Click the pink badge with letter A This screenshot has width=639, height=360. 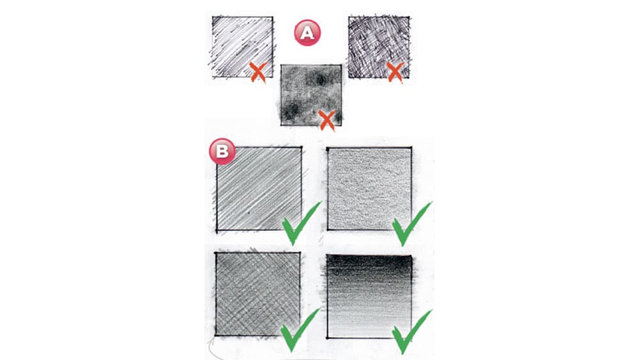tap(307, 33)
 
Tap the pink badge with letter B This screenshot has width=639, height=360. tap(222, 152)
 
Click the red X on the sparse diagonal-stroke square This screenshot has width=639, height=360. tap(258, 72)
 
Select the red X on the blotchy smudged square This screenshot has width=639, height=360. tap(327, 120)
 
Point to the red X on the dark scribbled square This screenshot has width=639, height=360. tap(395, 72)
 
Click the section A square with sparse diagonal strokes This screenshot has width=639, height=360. tap(242, 47)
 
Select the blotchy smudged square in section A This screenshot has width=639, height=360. tap(311, 95)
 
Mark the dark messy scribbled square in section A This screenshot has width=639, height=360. tap(378, 47)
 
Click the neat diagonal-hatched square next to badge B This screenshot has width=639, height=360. tap(259, 189)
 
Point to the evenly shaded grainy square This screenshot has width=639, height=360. tap(369, 189)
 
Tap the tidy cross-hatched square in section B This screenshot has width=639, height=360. tap(258, 294)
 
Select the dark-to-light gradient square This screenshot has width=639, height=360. tap(369, 297)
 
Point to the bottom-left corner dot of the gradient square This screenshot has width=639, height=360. tap(328, 338)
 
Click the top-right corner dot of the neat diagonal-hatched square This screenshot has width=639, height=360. tap(301, 147)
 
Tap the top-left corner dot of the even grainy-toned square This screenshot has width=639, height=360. tap(328, 148)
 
